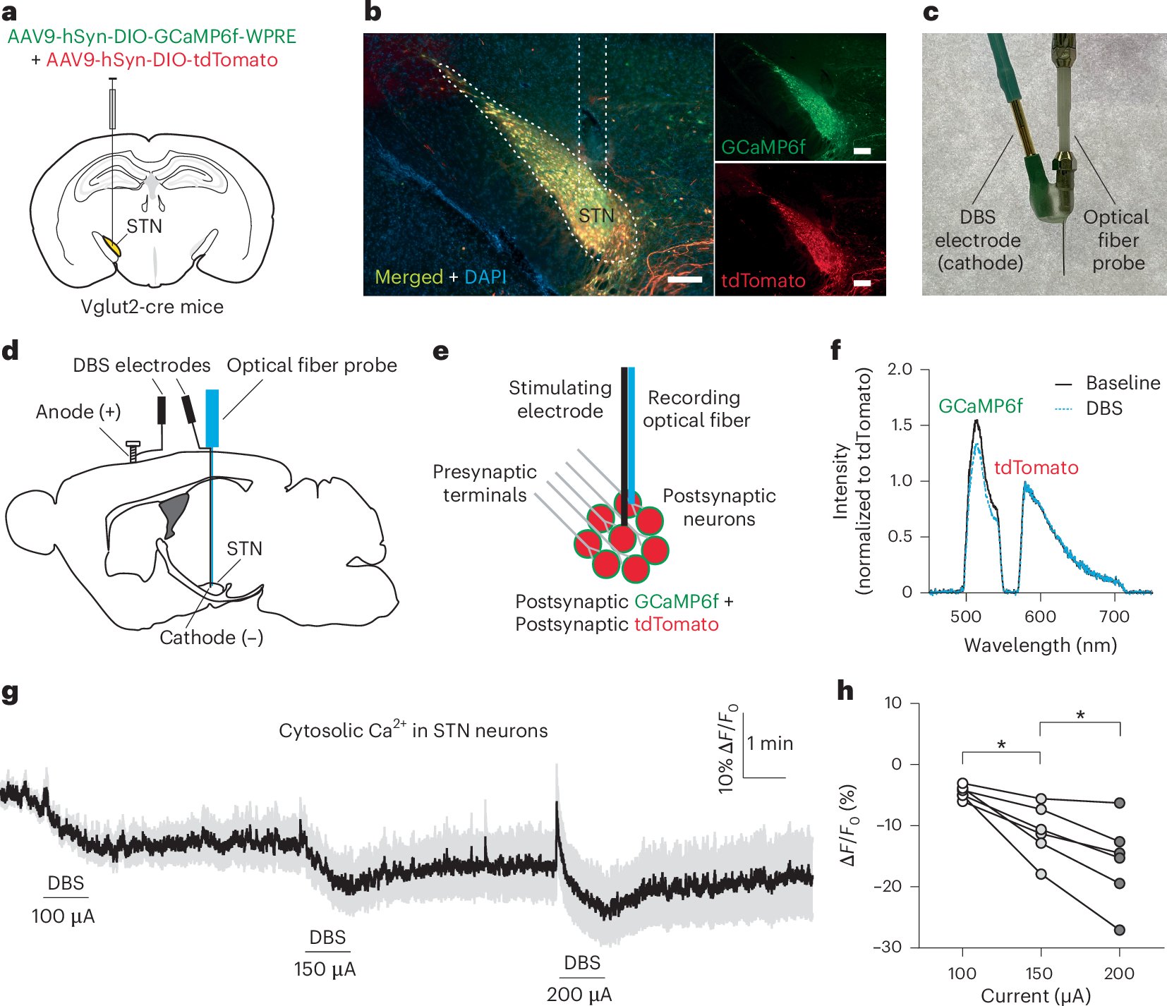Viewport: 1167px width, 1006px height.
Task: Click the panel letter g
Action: tap(10, 693)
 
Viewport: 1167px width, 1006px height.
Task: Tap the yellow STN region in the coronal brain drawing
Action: tap(111, 246)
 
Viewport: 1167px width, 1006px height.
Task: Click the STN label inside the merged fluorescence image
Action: tap(596, 216)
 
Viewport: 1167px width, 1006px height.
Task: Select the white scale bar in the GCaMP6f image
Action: tap(862, 150)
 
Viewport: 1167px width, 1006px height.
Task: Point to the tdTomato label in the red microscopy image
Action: tap(763, 281)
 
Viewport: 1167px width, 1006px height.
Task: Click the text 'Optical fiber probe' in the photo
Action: tap(1117, 240)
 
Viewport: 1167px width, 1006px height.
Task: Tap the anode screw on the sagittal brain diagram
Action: tap(132, 451)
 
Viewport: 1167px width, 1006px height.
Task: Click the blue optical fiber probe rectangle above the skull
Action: tap(212, 418)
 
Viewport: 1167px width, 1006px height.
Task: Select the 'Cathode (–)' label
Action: tap(211, 638)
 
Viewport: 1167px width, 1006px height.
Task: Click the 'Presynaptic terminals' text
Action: tap(484, 483)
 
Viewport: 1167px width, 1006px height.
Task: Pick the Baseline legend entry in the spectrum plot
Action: tap(1123, 383)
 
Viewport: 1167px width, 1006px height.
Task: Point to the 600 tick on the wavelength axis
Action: tap(1040, 617)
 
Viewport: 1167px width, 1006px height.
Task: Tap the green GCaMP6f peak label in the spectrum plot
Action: tap(980, 406)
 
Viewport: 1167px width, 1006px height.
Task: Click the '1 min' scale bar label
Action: tap(770, 744)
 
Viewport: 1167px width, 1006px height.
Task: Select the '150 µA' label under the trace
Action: tap(325, 969)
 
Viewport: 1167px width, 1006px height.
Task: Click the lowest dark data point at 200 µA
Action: tap(1119, 930)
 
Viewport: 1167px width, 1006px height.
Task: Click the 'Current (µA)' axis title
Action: tap(1035, 995)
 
